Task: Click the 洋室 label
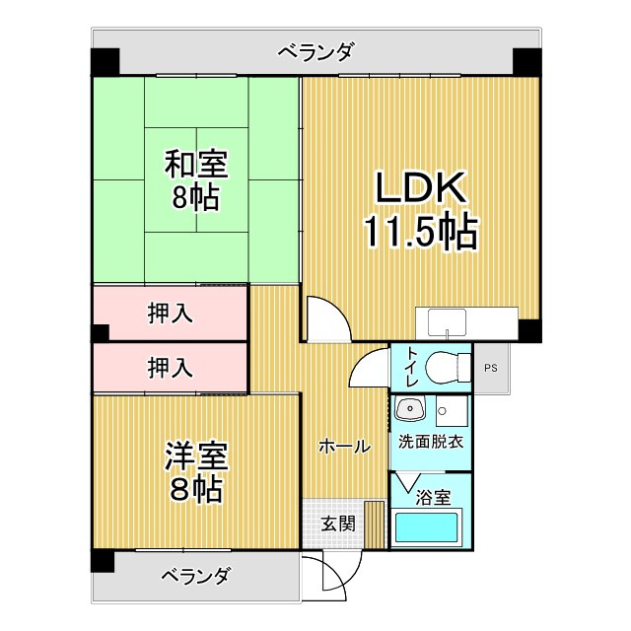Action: [x=195, y=456]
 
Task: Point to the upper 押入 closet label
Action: [x=170, y=314]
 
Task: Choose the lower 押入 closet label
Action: [x=170, y=368]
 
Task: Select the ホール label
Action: [x=343, y=447]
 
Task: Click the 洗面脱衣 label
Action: [x=431, y=443]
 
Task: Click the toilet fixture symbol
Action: [x=449, y=367]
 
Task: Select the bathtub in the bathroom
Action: [x=428, y=527]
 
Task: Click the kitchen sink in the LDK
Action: [x=449, y=321]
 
